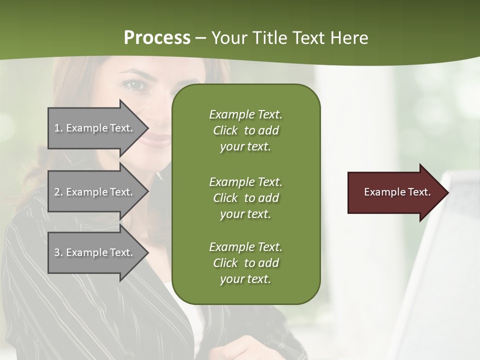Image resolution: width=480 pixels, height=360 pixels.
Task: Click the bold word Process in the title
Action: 157,38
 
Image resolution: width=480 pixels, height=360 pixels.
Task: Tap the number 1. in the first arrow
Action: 58,128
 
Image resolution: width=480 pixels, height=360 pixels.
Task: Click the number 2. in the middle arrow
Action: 58,192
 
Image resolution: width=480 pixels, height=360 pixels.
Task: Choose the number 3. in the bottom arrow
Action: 58,252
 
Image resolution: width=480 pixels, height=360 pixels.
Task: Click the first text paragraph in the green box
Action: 245,130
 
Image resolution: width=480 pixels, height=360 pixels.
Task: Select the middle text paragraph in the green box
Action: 245,198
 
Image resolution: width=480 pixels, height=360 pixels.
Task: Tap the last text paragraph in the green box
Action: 245,263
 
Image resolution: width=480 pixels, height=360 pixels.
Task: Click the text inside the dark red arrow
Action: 397,192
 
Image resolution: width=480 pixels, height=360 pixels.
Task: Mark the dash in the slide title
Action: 200,38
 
